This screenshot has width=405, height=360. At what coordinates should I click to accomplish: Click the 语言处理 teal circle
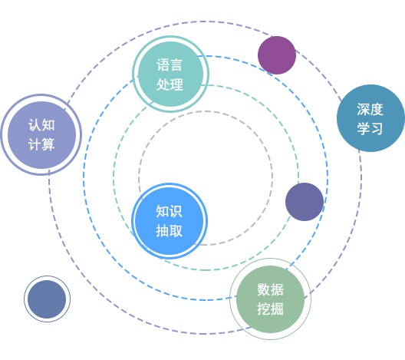[x=170, y=75]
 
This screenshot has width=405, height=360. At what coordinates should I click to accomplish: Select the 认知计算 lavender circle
[x=41, y=134]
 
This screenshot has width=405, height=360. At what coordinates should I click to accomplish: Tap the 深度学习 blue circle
[x=370, y=118]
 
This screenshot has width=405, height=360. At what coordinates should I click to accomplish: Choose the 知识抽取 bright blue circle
[x=170, y=220]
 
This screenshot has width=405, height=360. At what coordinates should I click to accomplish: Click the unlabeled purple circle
[x=277, y=55]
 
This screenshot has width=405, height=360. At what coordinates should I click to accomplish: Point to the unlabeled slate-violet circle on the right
[x=305, y=202]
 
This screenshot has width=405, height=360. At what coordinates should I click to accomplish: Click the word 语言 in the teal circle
[x=170, y=65]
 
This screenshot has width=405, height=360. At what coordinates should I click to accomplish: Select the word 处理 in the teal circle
[x=170, y=85]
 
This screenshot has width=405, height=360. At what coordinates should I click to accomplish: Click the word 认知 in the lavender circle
[x=41, y=124]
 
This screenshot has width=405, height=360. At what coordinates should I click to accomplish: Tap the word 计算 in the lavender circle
[x=41, y=144]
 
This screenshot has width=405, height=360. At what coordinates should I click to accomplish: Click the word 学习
[x=370, y=128]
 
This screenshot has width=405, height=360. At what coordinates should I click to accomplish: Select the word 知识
[x=170, y=210]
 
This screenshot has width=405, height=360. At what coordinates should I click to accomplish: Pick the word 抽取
[x=170, y=230]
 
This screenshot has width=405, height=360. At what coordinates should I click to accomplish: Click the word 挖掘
[x=270, y=309]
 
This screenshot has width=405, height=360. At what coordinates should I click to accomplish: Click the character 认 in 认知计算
[x=35, y=124]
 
